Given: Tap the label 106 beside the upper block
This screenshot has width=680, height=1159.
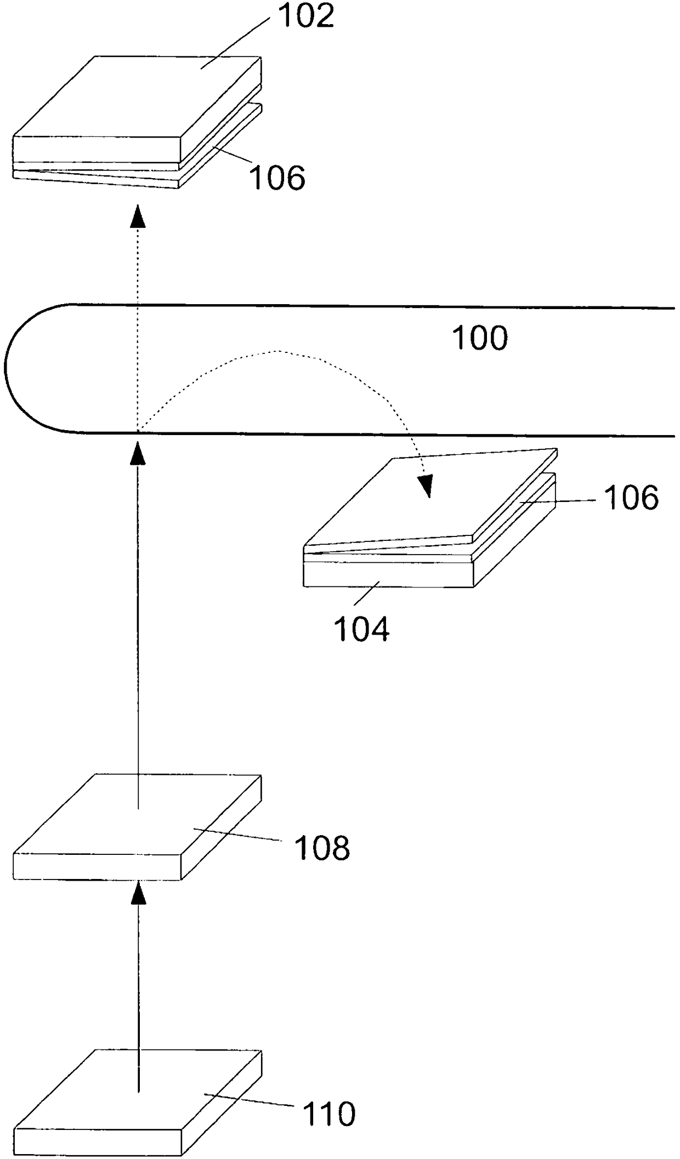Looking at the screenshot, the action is click(x=277, y=178).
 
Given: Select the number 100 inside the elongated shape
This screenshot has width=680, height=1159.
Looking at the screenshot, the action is click(x=480, y=338).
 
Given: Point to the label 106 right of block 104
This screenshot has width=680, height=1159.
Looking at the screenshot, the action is click(x=631, y=498).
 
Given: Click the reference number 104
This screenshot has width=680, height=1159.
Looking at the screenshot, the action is click(x=361, y=629).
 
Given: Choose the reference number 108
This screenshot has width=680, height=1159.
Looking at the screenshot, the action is click(x=322, y=847).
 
